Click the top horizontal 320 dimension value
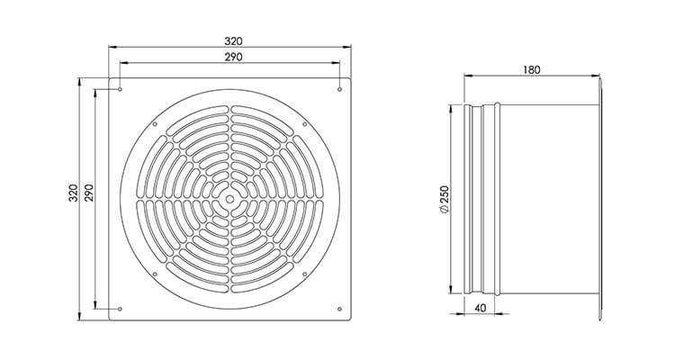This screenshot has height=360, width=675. coord(229,40)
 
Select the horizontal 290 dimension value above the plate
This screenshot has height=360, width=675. coord(229,57)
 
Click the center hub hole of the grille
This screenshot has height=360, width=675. coord(229,199)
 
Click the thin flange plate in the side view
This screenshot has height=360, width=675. coord(599,199)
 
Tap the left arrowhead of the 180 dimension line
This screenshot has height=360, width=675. coord(466,80)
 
